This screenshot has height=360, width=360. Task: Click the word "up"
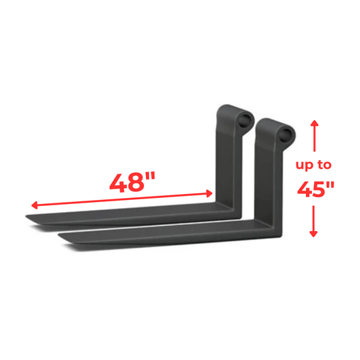tap(306, 164)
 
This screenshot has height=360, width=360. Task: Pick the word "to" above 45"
tap(326, 164)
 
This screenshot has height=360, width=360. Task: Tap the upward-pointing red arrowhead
tap(313, 125)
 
